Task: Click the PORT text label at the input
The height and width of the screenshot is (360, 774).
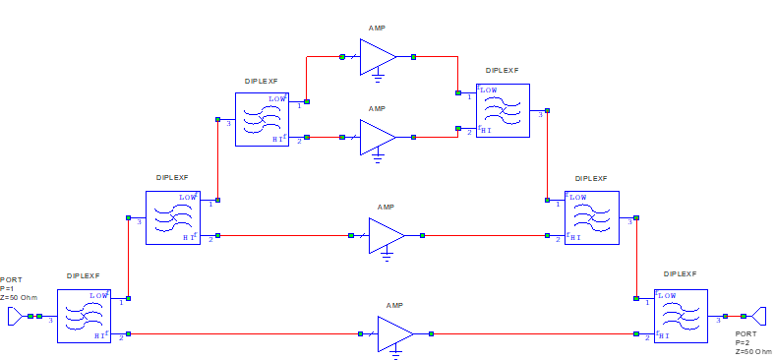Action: click(11, 279)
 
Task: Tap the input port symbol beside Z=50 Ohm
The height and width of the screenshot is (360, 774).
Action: click(14, 316)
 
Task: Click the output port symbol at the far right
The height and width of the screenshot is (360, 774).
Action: click(759, 316)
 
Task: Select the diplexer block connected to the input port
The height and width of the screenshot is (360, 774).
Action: click(84, 316)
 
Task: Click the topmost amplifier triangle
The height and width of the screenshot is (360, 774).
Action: click(377, 57)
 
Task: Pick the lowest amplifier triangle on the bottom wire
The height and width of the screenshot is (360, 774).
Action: click(394, 333)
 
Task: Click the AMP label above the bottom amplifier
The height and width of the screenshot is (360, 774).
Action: click(394, 305)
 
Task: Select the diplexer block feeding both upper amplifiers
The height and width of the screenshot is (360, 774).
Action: click(262, 119)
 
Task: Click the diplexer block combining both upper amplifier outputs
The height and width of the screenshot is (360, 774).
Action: click(503, 110)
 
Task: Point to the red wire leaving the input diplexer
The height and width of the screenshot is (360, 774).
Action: click(128, 258)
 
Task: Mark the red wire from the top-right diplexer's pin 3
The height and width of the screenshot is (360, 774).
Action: click(547, 155)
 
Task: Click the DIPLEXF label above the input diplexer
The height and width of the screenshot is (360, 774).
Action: click(84, 276)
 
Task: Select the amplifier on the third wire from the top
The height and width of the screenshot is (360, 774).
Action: click(387, 235)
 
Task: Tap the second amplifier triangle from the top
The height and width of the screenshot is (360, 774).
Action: click(377, 137)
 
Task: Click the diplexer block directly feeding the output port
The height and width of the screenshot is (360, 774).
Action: click(681, 316)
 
